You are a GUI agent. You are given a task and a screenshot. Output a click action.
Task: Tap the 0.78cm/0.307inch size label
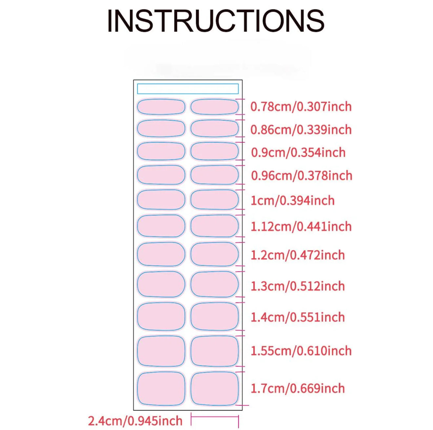click(x=301, y=106)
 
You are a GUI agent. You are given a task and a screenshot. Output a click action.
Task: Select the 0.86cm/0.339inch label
click(x=301, y=130)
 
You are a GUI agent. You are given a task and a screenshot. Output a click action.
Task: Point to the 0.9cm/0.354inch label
click(x=298, y=152)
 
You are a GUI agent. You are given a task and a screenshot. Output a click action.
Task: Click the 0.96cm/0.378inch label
click(x=301, y=175)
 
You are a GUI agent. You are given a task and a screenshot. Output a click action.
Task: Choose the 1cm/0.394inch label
click(x=293, y=200)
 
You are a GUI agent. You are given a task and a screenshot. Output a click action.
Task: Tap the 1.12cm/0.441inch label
click(x=301, y=226)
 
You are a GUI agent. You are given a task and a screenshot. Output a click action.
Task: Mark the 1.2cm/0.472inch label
click(x=298, y=255)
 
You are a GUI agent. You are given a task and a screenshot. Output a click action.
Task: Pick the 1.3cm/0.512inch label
click(x=298, y=286)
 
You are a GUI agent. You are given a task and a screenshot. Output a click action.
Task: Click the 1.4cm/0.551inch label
click(x=298, y=317)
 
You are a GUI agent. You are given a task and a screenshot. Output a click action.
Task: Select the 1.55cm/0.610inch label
click(x=301, y=351)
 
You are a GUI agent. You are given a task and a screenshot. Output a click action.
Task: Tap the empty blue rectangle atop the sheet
click(x=188, y=89)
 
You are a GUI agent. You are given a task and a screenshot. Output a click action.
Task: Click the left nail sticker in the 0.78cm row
click(x=161, y=107)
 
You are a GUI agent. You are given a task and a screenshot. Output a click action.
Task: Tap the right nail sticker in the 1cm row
click(x=215, y=200)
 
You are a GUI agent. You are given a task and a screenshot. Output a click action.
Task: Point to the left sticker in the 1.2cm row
click(x=161, y=254)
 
